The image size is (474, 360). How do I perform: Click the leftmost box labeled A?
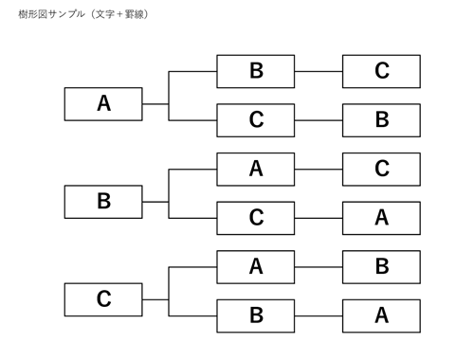103,104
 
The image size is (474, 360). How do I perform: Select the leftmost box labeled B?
103,202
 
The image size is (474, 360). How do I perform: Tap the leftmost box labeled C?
103,299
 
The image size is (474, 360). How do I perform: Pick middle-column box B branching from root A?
256,71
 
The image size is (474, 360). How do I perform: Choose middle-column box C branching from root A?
256,120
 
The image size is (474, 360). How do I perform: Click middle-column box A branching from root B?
256,169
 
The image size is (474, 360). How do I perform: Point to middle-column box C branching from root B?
256,218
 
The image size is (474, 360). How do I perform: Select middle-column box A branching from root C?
256,267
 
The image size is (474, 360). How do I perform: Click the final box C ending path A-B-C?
381,71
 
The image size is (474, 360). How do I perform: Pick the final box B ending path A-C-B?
381,120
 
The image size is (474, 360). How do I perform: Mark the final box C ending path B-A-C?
381,169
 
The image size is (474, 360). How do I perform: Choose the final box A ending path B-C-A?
381,218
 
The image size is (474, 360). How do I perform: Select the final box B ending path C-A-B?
381,267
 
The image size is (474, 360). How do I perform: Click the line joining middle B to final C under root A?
319,71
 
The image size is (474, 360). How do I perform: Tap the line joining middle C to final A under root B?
319,218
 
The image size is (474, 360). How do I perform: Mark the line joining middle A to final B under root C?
319,267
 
